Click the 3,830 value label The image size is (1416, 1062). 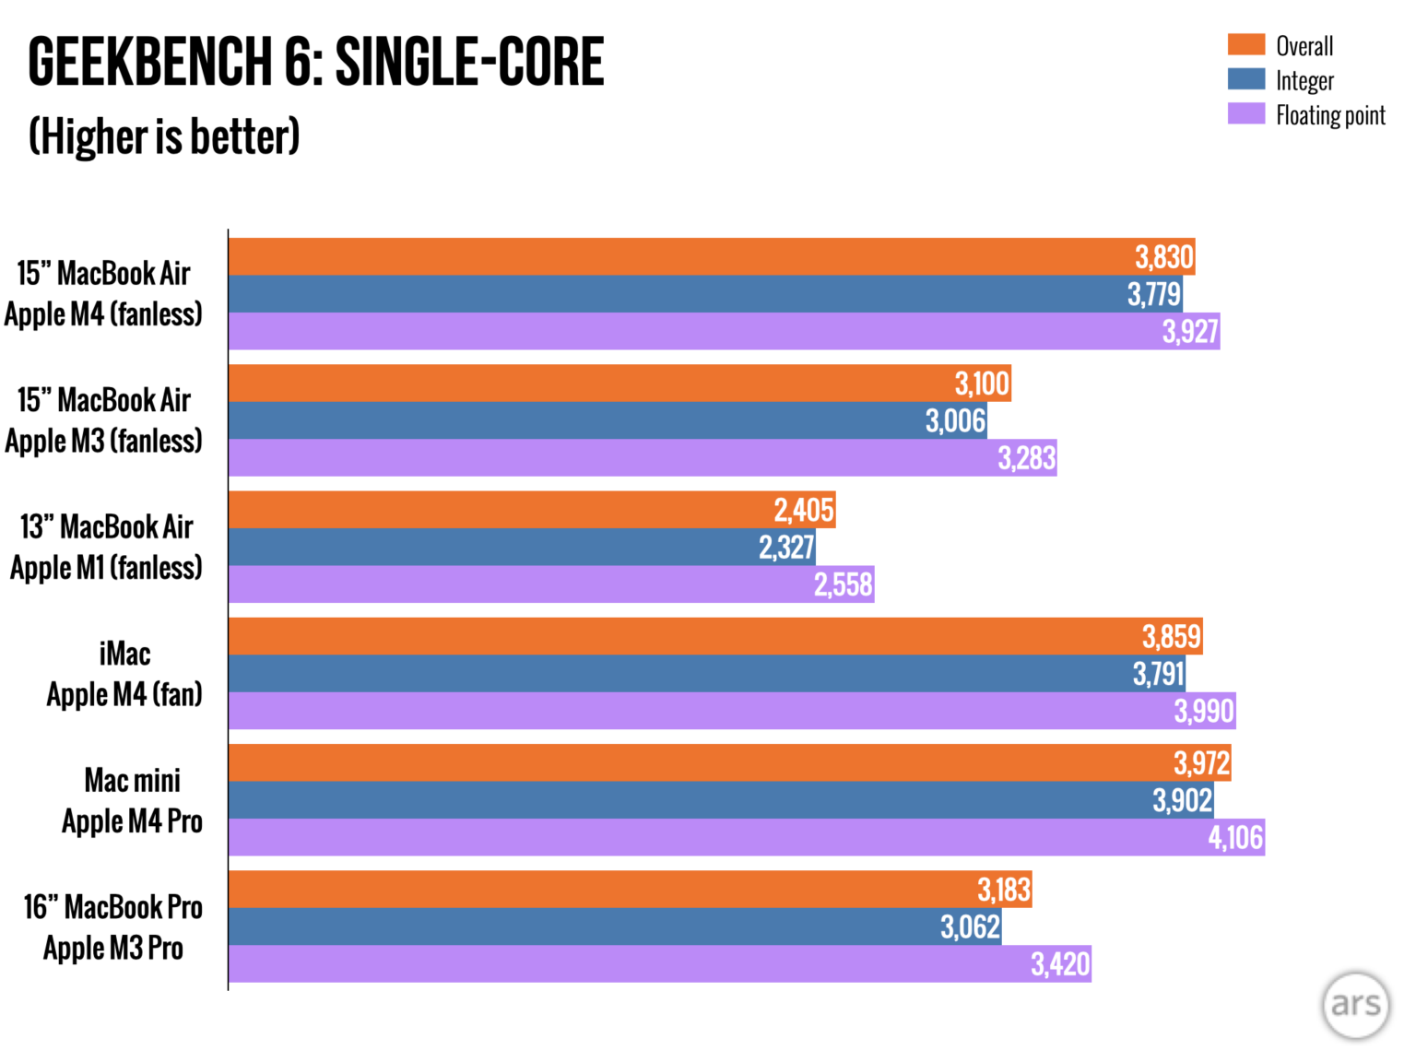[1164, 257]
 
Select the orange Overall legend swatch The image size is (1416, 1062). [1245, 44]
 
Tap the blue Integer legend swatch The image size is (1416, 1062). [1245, 79]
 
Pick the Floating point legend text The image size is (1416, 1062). [1330, 115]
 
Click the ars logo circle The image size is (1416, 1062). [1355, 1005]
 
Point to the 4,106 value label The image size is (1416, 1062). [1235, 837]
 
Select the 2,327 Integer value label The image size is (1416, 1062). [786, 548]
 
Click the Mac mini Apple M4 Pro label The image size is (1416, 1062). [132, 800]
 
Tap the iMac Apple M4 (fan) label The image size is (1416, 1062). [124, 674]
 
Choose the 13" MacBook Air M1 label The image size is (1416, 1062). [106, 547]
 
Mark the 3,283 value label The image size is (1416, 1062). [1026, 458]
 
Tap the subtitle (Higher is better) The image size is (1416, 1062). [164, 136]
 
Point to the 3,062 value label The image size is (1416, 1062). [970, 926]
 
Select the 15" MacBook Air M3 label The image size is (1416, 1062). [103, 420]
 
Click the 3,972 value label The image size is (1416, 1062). [1201, 763]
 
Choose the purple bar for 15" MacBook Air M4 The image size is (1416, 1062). [691, 332]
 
